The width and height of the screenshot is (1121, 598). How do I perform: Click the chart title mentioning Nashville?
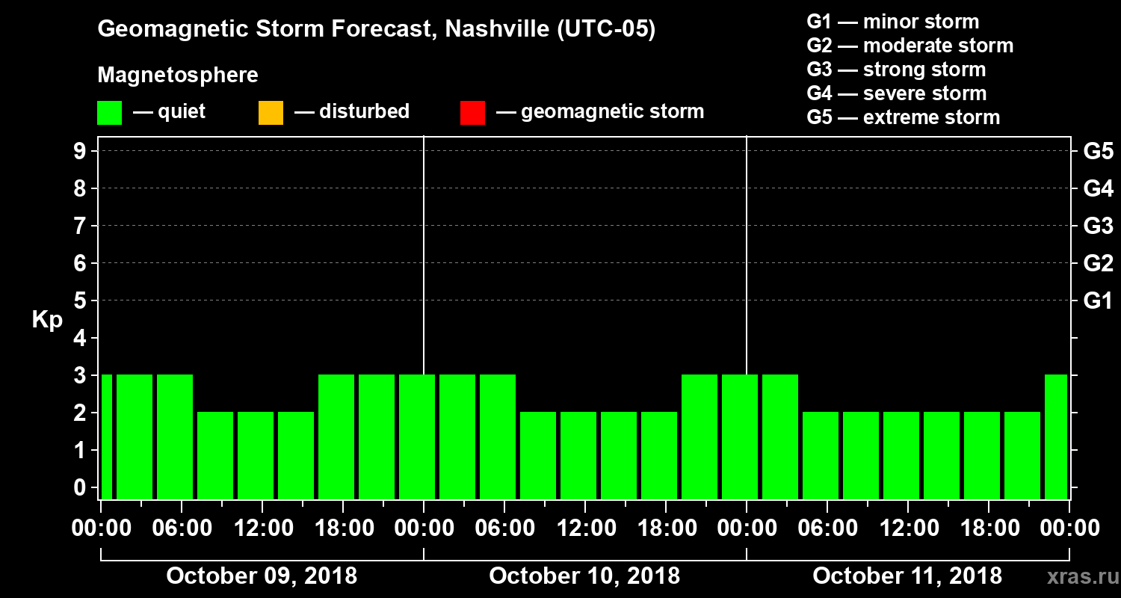(x=376, y=30)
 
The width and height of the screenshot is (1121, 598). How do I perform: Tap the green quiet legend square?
(x=109, y=112)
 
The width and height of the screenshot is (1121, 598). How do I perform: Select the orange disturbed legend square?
(x=271, y=112)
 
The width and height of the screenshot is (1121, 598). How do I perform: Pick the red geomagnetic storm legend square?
(x=472, y=112)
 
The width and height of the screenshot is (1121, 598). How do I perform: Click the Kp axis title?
(x=46, y=320)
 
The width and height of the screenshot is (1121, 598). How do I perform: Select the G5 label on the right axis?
(x=1098, y=152)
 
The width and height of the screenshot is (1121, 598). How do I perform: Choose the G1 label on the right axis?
(x=1098, y=301)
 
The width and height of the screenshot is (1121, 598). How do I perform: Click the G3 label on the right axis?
(x=1098, y=226)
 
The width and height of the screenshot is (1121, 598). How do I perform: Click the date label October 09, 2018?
(x=262, y=576)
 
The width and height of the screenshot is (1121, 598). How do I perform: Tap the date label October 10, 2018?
(x=584, y=576)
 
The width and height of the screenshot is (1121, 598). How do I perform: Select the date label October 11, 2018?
(x=907, y=576)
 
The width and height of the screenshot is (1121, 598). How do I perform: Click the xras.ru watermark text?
(x=1077, y=577)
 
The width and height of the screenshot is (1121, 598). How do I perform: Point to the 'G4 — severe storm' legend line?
(x=896, y=93)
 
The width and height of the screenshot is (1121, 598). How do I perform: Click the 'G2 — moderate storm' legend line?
(x=910, y=46)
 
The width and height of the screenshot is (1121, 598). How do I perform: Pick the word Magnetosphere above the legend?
(x=178, y=75)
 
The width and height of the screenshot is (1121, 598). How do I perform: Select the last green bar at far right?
(x=1056, y=437)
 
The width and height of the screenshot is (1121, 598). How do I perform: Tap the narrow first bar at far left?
(x=106, y=437)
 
